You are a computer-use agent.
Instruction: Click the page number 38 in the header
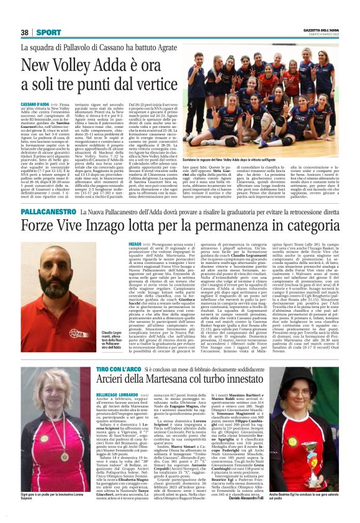24,32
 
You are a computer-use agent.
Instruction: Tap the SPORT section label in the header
49,32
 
